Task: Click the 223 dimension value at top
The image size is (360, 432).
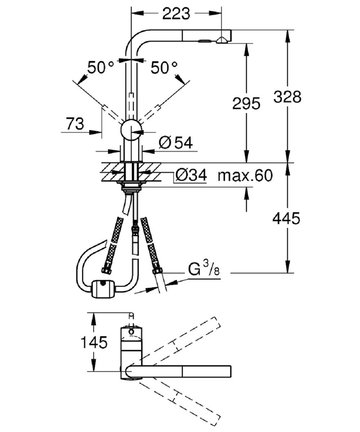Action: [x=176, y=14]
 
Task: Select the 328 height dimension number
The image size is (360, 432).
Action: [x=287, y=97]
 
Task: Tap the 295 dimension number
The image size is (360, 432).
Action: [x=246, y=104]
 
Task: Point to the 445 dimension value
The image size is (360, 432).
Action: [x=286, y=218]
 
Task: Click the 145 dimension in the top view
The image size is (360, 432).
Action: [x=94, y=342]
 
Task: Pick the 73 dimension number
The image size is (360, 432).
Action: [x=75, y=124]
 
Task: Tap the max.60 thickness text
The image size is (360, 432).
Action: [x=245, y=175]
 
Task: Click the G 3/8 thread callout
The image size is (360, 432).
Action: [x=204, y=269]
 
